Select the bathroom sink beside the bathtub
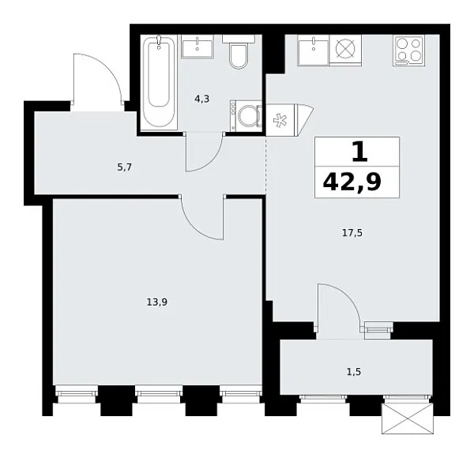(196, 47)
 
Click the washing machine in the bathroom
(247, 115)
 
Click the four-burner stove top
(408, 50)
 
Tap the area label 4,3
(203, 99)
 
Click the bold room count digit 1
(358, 151)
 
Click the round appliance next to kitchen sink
(345, 49)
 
